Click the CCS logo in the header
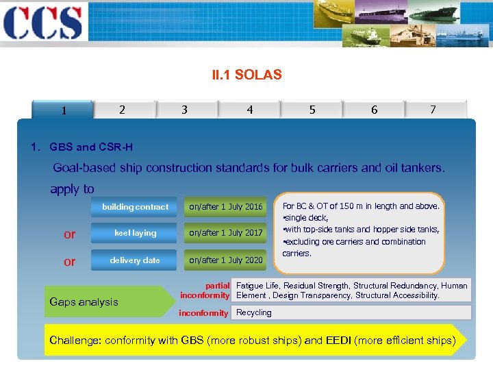point(43,22)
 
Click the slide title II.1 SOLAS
point(246,75)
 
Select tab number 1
point(63,110)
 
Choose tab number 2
point(122,110)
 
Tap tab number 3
point(184,110)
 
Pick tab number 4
point(249,110)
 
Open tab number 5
point(312,110)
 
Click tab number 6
point(374,110)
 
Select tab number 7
point(433,110)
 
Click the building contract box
point(135,207)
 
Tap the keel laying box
point(135,233)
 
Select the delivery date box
point(135,260)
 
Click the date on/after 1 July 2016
point(226,207)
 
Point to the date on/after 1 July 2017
point(226,233)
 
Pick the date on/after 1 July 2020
point(226,260)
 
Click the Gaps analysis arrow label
point(84,302)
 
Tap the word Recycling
point(254,312)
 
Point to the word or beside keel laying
point(69,234)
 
